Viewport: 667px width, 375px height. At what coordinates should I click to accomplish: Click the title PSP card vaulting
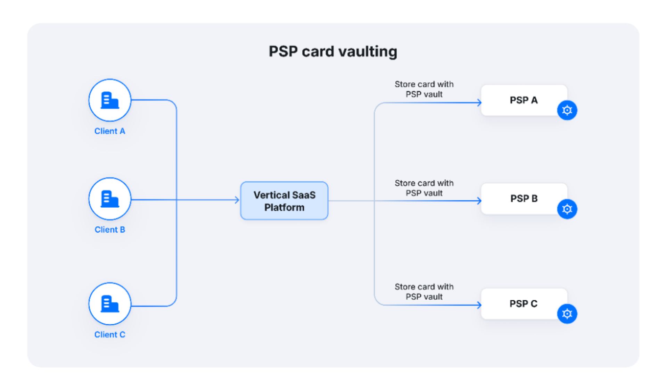[x=333, y=51]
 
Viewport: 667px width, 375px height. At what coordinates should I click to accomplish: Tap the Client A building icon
[x=110, y=100]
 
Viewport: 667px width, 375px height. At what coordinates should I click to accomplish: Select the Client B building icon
[x=110, y=199]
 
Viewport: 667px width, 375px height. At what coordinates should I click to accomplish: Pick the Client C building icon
[x=110, y=304]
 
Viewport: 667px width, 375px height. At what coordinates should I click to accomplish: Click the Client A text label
[x=110, y=131]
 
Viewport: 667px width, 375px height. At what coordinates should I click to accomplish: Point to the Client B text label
[x=110, y=230]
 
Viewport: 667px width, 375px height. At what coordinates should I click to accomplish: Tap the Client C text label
[x=110, y=335]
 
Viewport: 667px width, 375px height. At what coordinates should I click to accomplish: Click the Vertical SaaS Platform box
[x=284, y=201]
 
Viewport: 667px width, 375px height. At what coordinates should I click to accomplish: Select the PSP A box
[x=524, y=100]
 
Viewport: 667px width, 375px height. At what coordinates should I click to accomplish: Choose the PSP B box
[x=524, y=199]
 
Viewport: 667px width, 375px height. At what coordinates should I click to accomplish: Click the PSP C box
[x=524, y=304]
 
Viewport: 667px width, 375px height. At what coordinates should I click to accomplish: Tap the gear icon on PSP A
[x=567, y=110]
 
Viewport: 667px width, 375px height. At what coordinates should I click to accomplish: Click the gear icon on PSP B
[x=567, y=209]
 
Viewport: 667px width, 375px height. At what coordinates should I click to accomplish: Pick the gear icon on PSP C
[x=567, y=314]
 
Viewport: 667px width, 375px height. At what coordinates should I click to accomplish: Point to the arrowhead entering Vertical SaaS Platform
[x=237, y=200]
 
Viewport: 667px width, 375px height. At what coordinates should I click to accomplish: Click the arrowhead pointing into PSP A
[x=479, y=103]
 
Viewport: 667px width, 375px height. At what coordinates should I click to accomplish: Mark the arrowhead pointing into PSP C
[x=479, y=305]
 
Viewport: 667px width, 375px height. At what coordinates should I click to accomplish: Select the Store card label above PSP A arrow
[x=424, y=89]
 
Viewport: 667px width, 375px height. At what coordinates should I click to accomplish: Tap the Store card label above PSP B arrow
[x=424, y=188]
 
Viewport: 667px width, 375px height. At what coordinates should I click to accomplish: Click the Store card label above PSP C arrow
[x=424, y=292]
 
